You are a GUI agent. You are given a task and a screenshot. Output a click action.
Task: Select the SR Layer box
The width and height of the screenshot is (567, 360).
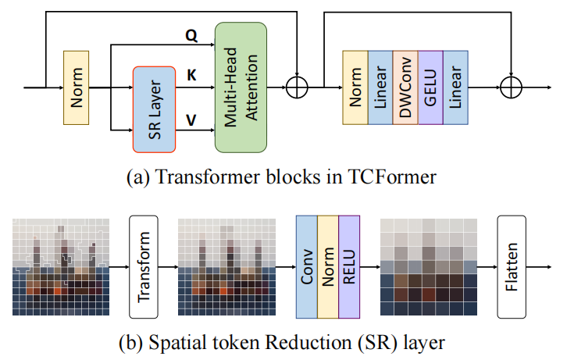(x=155, y=108)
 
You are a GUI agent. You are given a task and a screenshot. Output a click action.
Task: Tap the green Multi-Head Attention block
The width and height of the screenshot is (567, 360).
(x=241, y=87)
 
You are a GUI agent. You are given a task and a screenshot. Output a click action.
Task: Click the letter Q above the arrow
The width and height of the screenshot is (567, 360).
(x=191, y=35)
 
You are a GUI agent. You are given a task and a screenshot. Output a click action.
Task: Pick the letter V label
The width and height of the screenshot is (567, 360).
(x=191, y=119)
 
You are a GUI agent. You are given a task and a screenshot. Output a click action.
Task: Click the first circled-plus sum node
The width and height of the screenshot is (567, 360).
(x=298, y=87)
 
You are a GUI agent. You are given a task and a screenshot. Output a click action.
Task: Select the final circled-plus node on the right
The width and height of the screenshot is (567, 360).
(x=512, y=87)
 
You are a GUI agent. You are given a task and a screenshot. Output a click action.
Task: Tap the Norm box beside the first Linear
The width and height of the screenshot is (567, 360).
(x=355, y=87)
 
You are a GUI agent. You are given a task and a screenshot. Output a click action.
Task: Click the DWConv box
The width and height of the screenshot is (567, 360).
(x=405, y=87)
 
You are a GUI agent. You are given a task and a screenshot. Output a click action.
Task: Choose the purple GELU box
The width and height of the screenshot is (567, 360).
(x=430, y=87)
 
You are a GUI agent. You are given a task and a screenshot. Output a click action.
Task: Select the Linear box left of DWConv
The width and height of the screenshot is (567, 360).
(x=380, y=87)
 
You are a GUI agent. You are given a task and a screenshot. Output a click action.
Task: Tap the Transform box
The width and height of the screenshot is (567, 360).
(x=144, y=266)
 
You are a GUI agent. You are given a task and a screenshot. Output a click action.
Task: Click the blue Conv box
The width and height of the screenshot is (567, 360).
(x=306, y=266)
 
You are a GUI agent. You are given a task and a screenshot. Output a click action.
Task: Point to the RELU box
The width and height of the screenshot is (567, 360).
(x=348, y=266)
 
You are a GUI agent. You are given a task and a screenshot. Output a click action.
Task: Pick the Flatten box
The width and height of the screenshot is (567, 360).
(x=513, y=266)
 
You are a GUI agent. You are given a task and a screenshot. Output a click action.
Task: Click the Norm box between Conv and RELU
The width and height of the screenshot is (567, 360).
(x=327, y=266)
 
